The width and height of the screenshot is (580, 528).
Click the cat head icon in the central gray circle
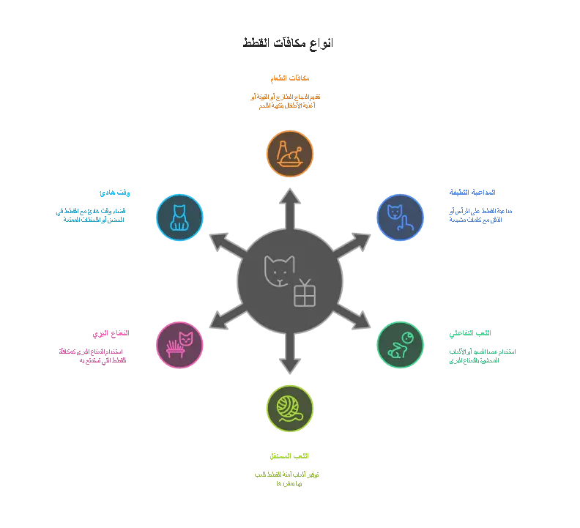279,271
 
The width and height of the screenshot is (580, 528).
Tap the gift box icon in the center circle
305,293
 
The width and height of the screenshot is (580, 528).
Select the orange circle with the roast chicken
290,154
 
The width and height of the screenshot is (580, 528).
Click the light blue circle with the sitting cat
179,217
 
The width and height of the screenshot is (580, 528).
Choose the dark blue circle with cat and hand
400,217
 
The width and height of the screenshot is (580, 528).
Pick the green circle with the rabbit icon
400,345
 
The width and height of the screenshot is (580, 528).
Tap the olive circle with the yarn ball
290,409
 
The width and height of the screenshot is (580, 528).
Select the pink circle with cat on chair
179,345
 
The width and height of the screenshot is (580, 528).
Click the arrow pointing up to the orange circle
290,208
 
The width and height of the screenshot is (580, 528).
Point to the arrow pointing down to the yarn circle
290,354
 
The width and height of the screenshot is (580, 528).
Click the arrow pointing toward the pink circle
227,317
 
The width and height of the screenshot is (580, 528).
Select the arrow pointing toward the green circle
353,317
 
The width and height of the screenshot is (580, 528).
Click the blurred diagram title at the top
287,42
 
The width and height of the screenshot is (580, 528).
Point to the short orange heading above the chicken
290,77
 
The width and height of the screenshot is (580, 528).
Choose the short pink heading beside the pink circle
109,334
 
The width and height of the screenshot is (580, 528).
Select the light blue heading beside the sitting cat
116,193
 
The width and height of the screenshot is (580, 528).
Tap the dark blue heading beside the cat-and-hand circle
472,193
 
